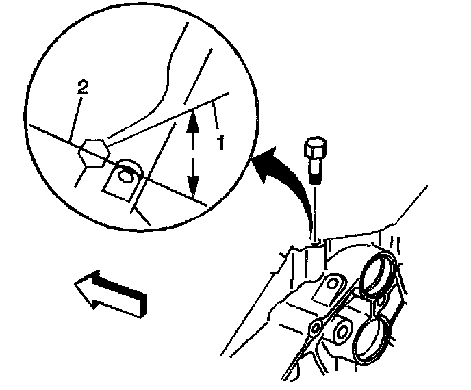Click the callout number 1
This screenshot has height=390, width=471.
pyautogui.click(x=220, y=144)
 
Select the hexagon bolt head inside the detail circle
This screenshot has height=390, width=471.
pyautogui.click(x=92, y=151)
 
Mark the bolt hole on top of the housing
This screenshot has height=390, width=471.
pyautogui.click(x=316, y=242)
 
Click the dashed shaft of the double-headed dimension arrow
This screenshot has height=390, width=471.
pyautogui.click(x=194, y=152)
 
